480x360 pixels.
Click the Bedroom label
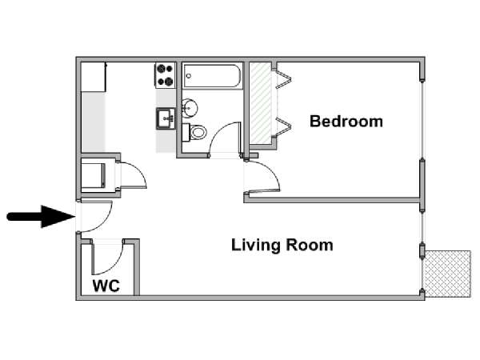346,122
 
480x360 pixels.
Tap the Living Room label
282,246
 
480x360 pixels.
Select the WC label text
106,286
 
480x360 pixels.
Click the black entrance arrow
41,217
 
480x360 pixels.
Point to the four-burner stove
165,75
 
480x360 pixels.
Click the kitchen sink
166,118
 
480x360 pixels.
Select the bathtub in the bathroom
212,76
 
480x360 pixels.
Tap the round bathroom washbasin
190,108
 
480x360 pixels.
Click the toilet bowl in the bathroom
194,132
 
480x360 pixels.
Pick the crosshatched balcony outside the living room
448,274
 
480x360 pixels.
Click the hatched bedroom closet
260,103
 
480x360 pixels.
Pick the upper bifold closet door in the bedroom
283,79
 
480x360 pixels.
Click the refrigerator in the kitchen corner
94,77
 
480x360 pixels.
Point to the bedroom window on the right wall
422,120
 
